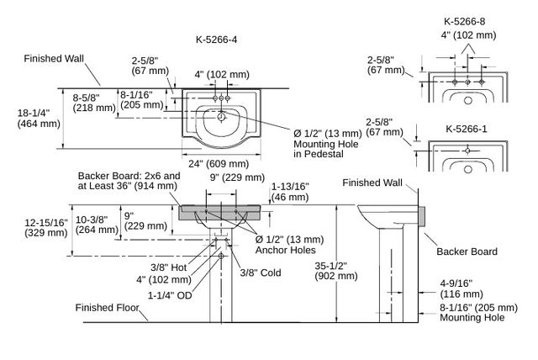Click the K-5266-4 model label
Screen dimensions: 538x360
[216, 40]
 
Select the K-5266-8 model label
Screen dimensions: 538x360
[464, 21]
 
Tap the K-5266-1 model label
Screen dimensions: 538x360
[467, 129]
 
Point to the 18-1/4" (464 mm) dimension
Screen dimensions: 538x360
[39, 118]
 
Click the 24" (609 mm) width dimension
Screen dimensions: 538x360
[219, 164]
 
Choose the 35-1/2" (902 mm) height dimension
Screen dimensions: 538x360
[336, 271]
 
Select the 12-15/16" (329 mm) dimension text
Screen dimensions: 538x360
[46, 228]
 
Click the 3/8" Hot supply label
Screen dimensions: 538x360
[168, 267]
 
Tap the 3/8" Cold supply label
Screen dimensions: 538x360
[261, 273]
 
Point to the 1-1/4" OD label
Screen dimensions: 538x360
[170, 295]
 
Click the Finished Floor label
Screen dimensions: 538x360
[107, 308]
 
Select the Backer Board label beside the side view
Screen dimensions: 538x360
[467, 251]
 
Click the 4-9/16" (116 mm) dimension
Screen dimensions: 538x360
[462, 289]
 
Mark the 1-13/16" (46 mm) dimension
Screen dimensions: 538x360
[290, 192]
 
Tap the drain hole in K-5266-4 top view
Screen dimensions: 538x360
[221, 118]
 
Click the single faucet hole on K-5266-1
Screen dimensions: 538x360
[467, 151]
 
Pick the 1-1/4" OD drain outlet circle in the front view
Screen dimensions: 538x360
[221, 256]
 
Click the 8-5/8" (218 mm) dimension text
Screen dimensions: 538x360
[94, 103]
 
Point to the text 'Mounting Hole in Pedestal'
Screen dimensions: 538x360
[325, 149]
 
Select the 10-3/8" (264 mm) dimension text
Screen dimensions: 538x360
[97, 225]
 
